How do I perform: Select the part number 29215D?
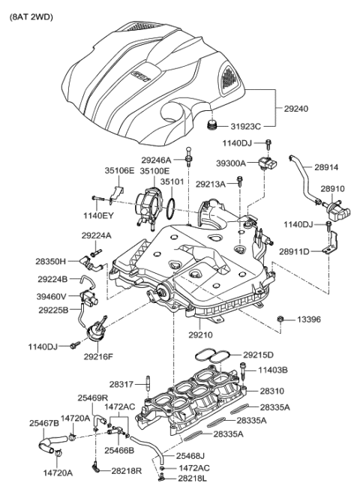tap(258, 355)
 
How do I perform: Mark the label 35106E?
tap(119, 171)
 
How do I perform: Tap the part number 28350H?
tap(52, 261)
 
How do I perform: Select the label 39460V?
tap(51, 296)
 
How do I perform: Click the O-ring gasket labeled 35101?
tap(171, 203)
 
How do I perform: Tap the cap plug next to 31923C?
tap(214, 124)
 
